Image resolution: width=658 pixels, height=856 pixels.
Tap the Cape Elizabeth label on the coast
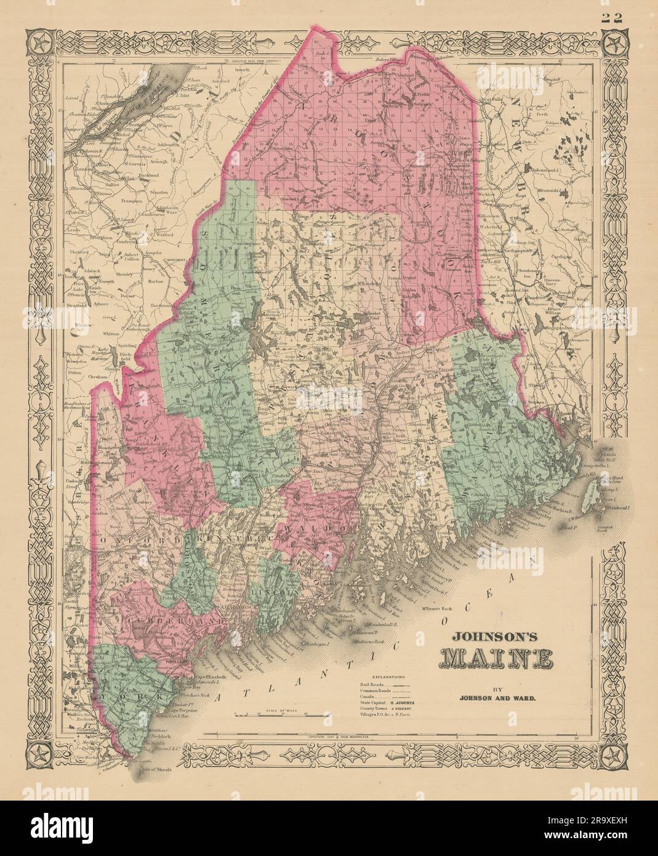(196, 677)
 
